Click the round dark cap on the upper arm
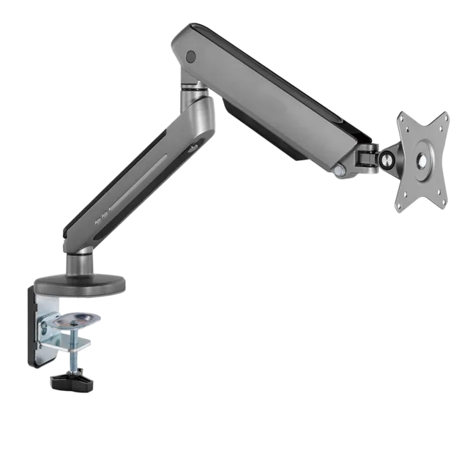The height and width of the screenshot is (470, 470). pyautogui.click(x=192, y=55)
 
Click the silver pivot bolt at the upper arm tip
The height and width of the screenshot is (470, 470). pyautogui.click(x=340, y=170)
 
